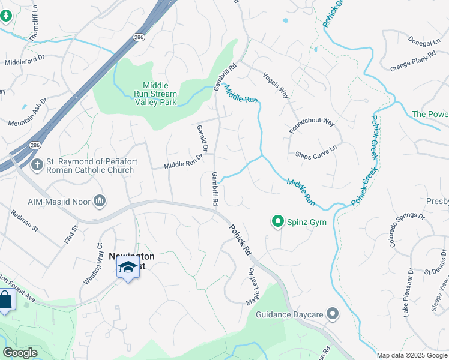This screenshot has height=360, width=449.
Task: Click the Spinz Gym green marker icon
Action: tap(277, 222)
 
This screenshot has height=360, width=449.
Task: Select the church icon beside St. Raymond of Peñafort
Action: tap(37, 164)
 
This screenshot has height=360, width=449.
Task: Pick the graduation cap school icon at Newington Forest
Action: tap(128, 267)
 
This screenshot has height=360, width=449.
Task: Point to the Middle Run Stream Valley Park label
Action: tap(160, 94)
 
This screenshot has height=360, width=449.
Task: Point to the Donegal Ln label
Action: tap(424, 43)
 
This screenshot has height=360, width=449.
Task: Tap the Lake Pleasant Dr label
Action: tap(408, 292)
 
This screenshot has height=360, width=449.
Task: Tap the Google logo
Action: tap(20, 353)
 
